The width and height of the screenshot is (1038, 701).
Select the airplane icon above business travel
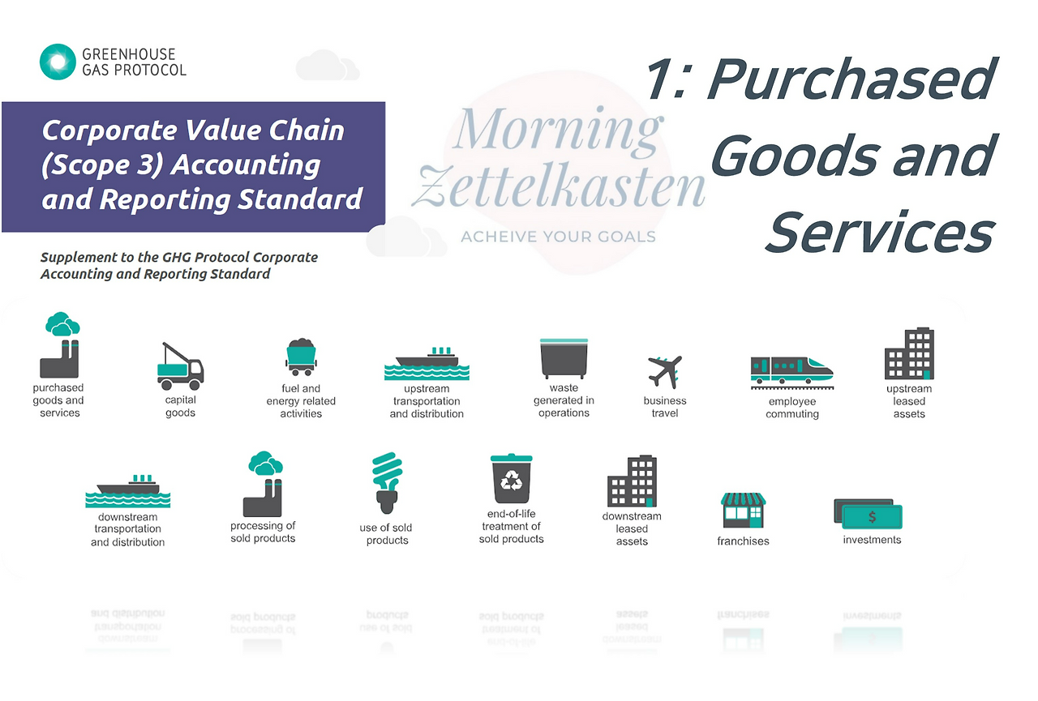pos(665,372)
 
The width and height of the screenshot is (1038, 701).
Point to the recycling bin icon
pos(512,479)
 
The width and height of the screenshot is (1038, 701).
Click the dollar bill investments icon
pos(869,515)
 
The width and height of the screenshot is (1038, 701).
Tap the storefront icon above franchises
pos(743,511)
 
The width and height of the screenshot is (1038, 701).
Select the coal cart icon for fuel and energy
pos(300,357)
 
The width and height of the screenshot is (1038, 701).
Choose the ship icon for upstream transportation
pos(427,365)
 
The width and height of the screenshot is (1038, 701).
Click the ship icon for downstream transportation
pos(127,491)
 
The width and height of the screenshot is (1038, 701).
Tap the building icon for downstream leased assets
pos(632,481)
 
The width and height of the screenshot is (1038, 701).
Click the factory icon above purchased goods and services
pos(61,345)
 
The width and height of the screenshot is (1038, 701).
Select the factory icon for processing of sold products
pos(263,485)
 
